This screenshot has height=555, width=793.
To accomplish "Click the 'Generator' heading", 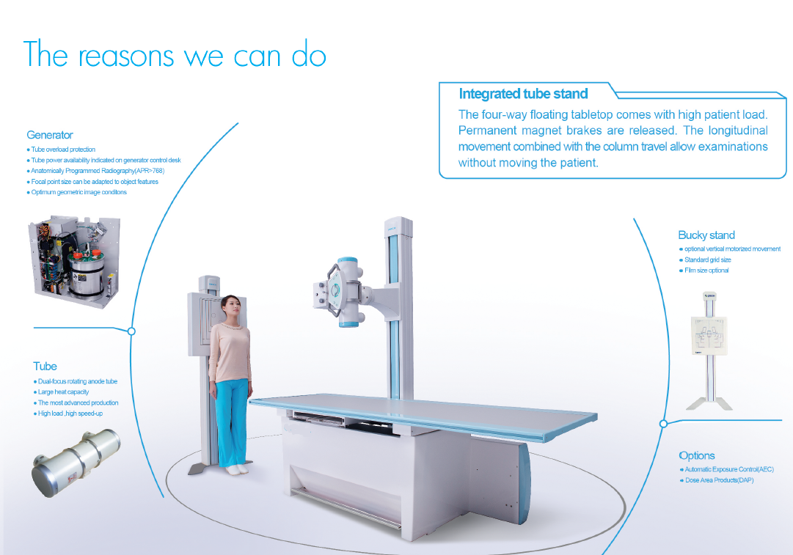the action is click(x=50, y=135).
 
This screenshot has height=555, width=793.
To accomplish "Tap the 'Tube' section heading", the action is click(x=45, y=367).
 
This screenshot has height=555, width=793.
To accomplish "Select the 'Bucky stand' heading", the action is click(x=706, y=235).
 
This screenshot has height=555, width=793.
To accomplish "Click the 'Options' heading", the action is click(x=697, y=455).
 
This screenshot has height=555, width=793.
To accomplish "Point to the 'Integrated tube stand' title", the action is click(x=524, y=94).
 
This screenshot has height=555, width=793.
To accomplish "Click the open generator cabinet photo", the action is click(x=74, y=261).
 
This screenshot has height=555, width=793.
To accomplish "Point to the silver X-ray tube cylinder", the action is click(x=76, y=463).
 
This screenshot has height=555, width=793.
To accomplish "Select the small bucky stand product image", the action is click(x=709, y=350).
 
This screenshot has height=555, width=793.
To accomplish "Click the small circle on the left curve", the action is click(x=131, y=331).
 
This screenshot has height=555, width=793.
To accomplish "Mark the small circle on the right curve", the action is click(x=664, y=424).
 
